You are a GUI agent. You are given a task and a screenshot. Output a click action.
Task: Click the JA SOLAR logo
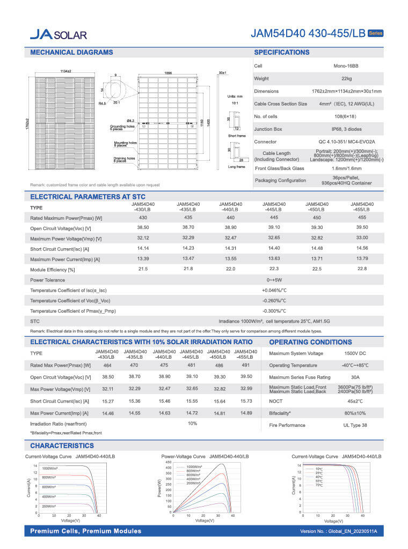pos(58,35)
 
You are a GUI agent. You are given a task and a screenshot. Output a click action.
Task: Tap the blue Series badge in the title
pos(375,34)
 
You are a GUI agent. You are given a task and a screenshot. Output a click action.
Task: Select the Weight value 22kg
pos(346,79)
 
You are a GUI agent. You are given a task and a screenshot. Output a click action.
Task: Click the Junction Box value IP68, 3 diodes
pos(346,129)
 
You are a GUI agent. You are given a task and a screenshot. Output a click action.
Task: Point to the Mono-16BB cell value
pos(346,66)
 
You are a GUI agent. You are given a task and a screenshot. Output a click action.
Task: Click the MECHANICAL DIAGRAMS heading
pos(71,53)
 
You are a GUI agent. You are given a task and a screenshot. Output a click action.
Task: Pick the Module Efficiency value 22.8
pos(362,269)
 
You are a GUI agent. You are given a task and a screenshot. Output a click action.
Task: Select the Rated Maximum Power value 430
pos(143,218)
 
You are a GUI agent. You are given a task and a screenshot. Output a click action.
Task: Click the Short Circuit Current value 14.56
pos(362,248)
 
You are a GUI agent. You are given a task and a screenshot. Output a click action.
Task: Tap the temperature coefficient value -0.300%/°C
pos(274,310)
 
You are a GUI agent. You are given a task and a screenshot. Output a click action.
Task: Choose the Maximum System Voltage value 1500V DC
pos(355,353)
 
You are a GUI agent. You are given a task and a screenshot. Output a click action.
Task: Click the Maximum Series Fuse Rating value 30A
pos(355,377)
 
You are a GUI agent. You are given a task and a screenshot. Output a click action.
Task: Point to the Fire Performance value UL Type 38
pos(355,425)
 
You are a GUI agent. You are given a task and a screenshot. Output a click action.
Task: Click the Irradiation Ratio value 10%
pos(192,424)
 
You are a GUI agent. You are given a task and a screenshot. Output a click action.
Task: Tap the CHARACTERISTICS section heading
pos(62,446)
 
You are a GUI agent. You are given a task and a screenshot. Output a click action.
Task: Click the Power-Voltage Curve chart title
pos(205,456)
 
